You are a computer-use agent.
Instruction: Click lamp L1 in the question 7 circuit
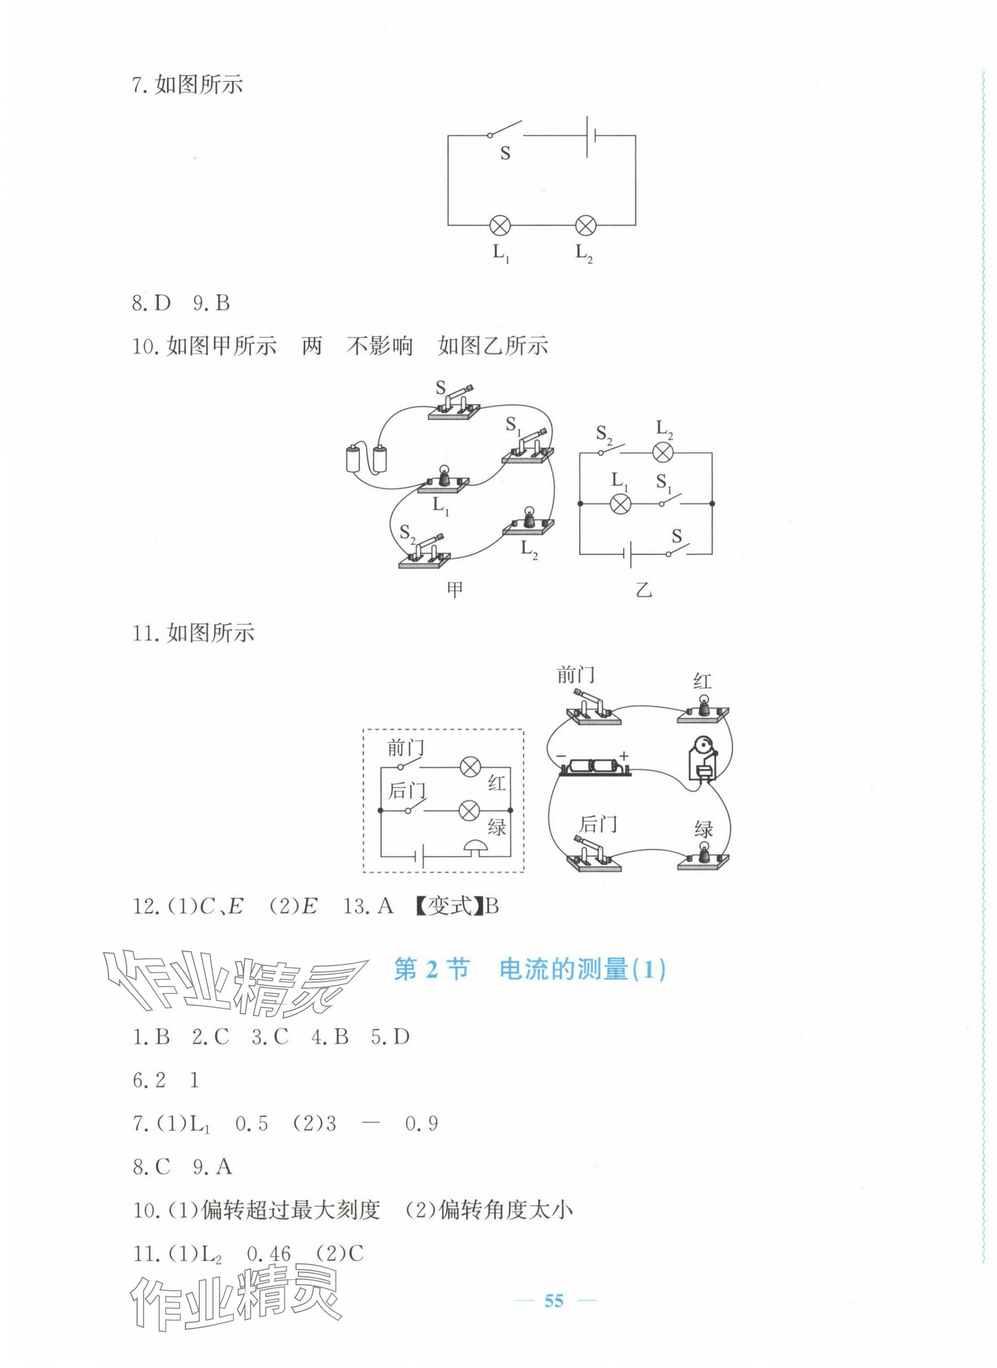(x=500, y=226)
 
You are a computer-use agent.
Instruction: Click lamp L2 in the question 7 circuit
(x=585, y=226)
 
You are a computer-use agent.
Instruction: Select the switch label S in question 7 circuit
(x=505, y=153)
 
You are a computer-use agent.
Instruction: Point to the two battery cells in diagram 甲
(x=366, y=459)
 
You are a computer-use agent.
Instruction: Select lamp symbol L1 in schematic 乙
(x=620, y=503)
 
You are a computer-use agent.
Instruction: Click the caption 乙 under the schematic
(x=644, y=589)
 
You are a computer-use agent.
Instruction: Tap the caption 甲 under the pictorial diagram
(x=455, y=589)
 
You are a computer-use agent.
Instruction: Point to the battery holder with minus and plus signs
(x=595, y=768)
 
